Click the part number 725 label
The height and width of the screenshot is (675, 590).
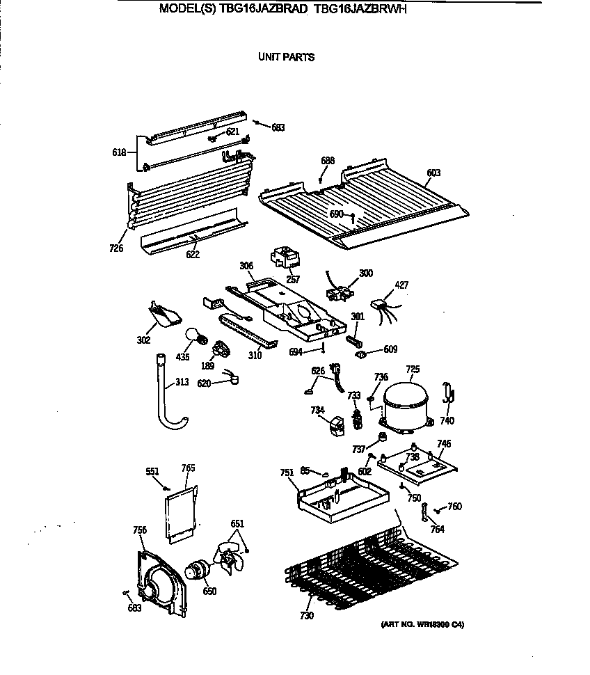click(x=413, y=369)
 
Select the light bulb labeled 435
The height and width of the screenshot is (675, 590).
click(x=195, y=339)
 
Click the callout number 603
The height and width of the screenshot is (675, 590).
click(x=434, y=173)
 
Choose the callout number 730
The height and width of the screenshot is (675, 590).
click(x=307, y=615)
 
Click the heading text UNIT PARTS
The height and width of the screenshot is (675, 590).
click(x=286, y=57)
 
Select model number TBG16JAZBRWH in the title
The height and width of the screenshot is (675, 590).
click(x=365, y=10)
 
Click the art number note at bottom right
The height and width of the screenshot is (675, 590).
click(x=422, y=624)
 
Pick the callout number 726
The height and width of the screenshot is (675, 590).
click(x=117, y=248)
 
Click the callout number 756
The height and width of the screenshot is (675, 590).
click(x=140, y=530)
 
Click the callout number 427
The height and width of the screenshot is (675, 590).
click(x=402, y=284)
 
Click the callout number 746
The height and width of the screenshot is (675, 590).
click(x=443, y=443)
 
